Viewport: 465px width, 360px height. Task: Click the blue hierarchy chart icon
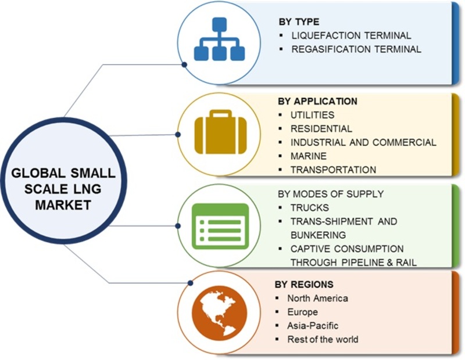click(x=220, y=39)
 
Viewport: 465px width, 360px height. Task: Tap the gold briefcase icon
click(x=220, y=132)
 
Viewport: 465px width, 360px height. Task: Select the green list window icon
click(x=220, y=226)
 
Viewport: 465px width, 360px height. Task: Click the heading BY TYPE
click(x=299, y=22)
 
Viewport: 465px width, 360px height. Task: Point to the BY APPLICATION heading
click(x=317, y=102)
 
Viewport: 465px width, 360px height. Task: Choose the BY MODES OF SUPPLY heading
click(x=331, y=194)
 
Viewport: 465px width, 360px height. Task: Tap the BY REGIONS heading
click(x=304, y=285)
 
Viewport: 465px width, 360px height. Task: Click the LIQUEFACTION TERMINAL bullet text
click(x=351, y=35)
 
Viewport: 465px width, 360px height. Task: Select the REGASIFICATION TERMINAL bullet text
click(x=356, y=49)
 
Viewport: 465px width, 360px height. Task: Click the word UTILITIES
click(x=312, y=115)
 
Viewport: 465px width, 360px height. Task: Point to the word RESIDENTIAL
click(x=321, y=128)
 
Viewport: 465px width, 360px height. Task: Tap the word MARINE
click(x=309, y=156)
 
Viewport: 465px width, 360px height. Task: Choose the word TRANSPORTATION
click(x=333, y=170)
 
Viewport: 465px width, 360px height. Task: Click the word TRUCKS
click(x=310, y=208)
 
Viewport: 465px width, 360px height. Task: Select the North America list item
click(x=317, y=298)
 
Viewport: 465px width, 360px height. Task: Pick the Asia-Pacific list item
click(x=313, y=326)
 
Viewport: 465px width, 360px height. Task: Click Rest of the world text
click(x=323, y=339)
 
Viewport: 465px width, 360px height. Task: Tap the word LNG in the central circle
click(x=88, y=189)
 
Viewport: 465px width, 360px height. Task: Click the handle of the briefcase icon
click(x=220, y=114)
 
